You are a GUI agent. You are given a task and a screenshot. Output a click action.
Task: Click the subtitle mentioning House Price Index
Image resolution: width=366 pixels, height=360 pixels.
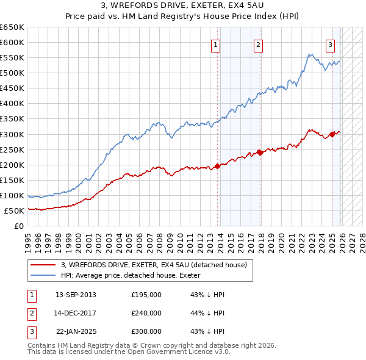coord(182,16)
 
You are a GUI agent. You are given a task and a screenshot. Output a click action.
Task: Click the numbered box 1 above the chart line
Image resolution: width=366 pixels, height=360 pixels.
coord(216,44)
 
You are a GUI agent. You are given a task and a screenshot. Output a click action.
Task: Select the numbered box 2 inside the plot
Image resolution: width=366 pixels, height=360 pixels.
coord(259,44)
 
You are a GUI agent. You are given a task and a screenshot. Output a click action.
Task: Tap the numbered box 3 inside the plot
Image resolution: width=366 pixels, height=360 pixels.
coord(330,44)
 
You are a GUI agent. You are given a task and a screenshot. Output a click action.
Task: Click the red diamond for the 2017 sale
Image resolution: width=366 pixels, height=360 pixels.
coord(260,152)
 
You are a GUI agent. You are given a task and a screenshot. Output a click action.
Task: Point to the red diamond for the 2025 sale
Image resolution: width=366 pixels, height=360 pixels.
coord(332,134)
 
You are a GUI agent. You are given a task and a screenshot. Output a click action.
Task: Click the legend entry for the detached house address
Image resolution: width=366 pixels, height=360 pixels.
coord(154,265)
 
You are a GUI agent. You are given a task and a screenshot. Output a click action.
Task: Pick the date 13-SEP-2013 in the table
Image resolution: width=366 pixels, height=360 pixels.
coord(76,295)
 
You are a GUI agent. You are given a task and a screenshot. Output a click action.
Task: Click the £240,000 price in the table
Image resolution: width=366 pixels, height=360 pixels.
coord(146,313)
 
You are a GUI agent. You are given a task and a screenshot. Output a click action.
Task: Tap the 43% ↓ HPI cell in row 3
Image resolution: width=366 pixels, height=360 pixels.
coord(207,331)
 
